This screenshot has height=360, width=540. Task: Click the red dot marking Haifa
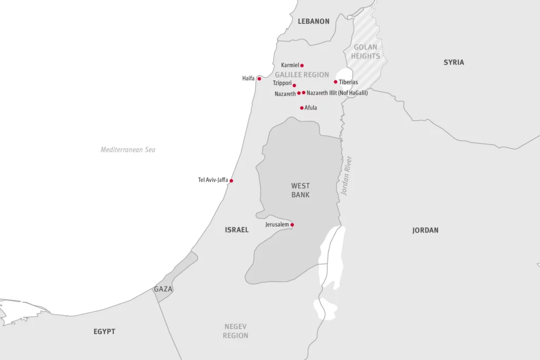[x=259, y=79]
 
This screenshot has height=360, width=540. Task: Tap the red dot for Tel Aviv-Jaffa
[x=231, y=180]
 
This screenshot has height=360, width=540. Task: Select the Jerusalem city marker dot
[x=292, y=225]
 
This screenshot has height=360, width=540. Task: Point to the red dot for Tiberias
[x=335, y=82]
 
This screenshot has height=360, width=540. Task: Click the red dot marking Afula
[x=302, y=108]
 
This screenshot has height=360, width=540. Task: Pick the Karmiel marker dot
[x=302, y=65]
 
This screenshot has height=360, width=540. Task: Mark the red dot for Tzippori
[x=294, y=85]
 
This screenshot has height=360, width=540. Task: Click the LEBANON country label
[x=313, y=22]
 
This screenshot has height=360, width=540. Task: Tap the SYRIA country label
[x=454, y=62]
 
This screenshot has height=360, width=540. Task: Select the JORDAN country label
[x=425, y=230]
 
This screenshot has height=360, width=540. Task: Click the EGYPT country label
[x=104, y=332]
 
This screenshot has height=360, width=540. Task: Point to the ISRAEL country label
[x=236, y=230]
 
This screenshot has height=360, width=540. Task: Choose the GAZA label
[x=163, y=289]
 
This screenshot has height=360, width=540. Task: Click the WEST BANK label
[x=301, y=190]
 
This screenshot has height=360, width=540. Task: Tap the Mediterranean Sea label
[x=128, y=150]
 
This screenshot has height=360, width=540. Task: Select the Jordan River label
[x=346, y=176]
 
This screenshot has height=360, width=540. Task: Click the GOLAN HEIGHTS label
[x=365, y=52]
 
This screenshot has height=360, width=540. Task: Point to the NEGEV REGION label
[x=235, y=331]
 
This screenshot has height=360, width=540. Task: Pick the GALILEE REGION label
[x=302, y=75]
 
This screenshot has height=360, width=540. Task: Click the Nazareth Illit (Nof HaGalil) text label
[x=337, y=93]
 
